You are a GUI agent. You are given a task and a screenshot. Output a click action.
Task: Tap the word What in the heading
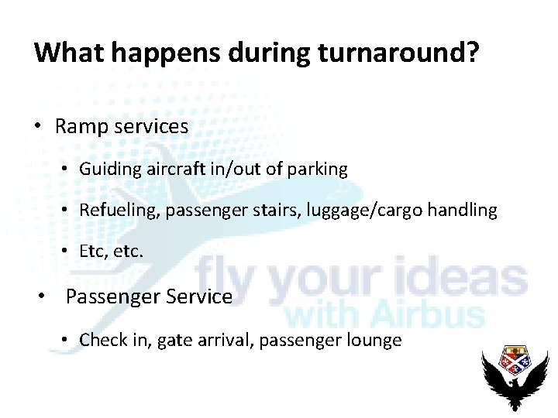[x=67, y=52]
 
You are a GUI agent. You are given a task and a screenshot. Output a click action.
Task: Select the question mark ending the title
[x=471, y=52]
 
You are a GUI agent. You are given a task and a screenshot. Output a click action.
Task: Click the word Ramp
[x=82, y=126]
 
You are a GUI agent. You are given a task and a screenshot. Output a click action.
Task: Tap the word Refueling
[x=119, y=210]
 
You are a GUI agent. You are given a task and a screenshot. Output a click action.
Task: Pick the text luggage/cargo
[x=370, y=210]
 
